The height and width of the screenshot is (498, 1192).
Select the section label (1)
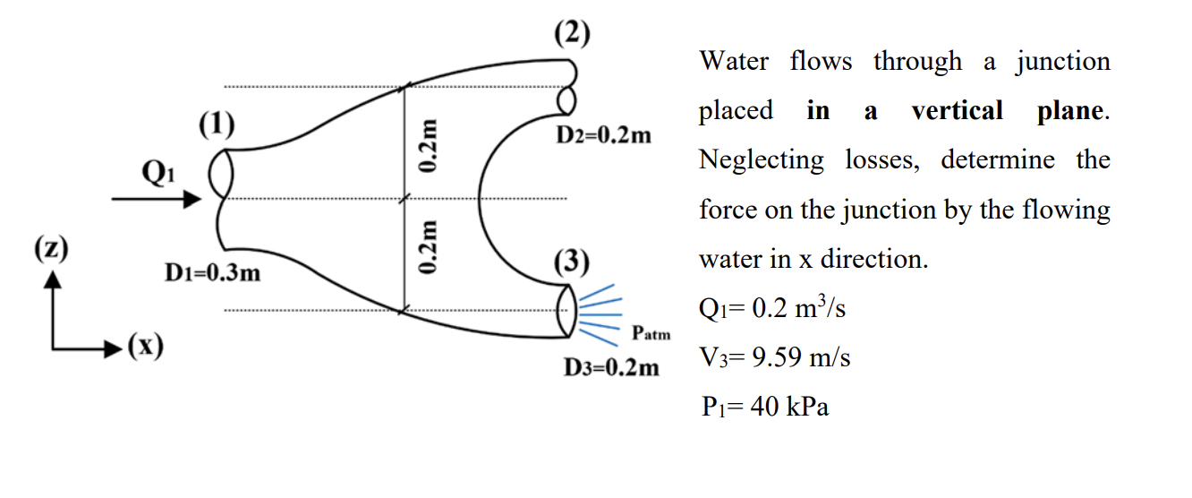216,124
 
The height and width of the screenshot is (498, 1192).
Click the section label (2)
571,34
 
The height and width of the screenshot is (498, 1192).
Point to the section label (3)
571,262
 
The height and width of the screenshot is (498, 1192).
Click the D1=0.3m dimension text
213,272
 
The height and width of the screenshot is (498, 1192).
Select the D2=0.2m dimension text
604,136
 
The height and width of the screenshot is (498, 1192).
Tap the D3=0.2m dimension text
611,367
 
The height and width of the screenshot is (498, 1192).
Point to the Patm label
651,334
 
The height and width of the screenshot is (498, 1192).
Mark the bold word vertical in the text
957,111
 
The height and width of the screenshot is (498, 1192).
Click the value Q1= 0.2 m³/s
771,309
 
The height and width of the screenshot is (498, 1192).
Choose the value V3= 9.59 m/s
774,358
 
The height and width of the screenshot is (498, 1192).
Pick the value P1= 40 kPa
764,408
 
